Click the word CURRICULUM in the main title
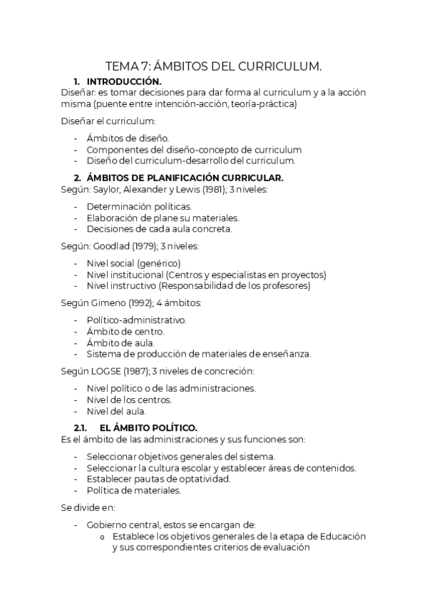pyautogui.click(x=279, y=66)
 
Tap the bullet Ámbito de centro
pyautogui.click(x=125, y=331)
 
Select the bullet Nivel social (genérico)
pyautogui.click(x=133, y=263)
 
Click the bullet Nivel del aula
pyautogui.click(x=115, y=411)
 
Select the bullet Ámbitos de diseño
pyautogui.click(x=128, y=138)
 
